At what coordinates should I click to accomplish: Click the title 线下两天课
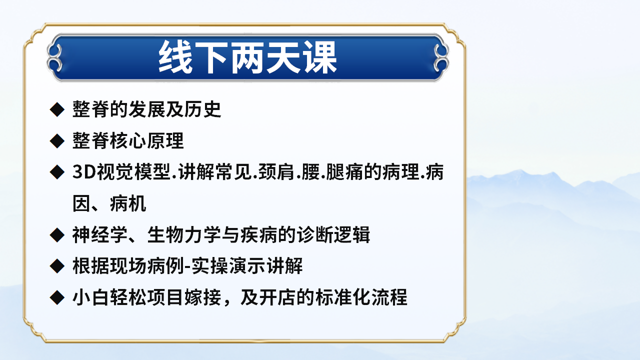click(x=248, y=58)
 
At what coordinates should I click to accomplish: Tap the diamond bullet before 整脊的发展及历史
click(x=57, y=109)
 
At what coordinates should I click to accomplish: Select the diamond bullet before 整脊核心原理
click(x=57, y=140)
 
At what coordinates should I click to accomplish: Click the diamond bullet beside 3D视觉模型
click(x=57, y=172)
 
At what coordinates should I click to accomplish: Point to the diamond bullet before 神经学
click(x=57, y=234)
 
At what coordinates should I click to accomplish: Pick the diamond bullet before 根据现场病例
click(x=57, y=265)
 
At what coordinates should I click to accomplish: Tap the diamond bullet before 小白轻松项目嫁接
click(x=57, y=297)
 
